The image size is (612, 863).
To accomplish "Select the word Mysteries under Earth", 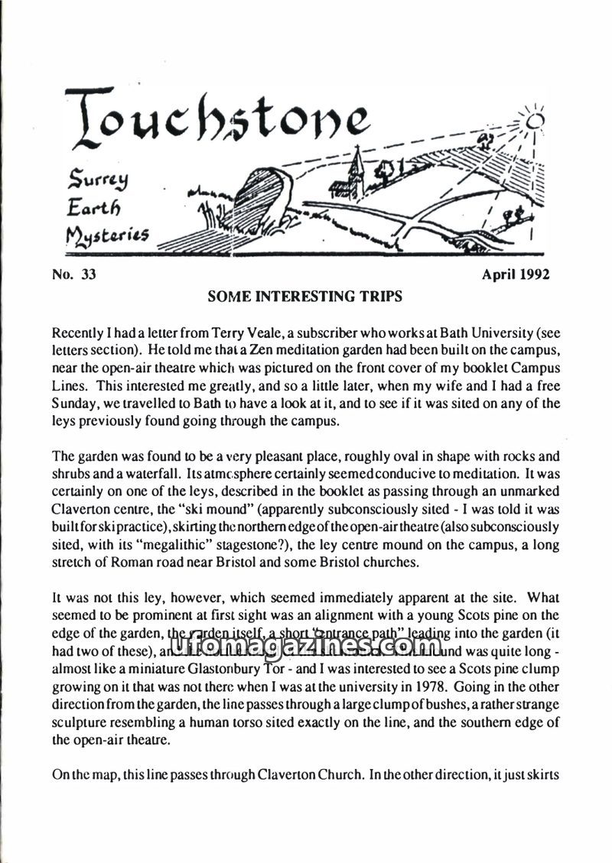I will [107, 235].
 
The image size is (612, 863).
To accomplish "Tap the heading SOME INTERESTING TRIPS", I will [304, 297].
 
